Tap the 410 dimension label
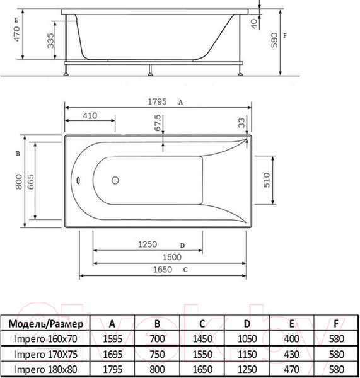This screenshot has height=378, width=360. tap(90, 116)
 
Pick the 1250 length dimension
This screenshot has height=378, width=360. tap(148, 245)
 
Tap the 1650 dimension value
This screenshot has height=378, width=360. tap(163, 270)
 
